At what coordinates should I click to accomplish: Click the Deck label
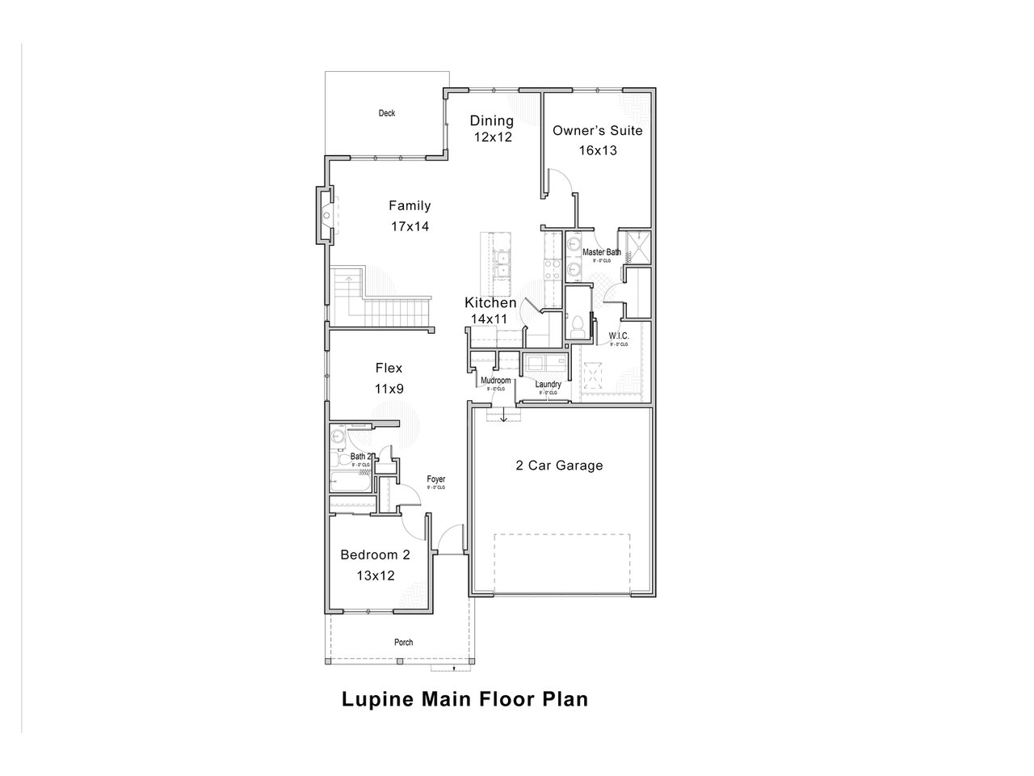tap(387, 113)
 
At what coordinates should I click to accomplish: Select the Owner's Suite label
tap(597, 130)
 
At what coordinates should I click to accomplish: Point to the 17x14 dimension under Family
tap(410, 226)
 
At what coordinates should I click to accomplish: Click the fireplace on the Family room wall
tap(325, 215)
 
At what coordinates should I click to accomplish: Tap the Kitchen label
tap(490, 303)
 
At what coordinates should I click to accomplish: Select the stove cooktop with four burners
tap(553, 269)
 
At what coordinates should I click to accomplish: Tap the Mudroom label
tap(495, 380)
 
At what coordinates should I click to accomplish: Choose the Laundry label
tap(548, 385)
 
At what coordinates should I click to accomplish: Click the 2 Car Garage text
tap(559, 466)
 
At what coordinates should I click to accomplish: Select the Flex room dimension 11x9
tap(389, 389)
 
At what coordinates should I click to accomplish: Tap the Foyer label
tap(435, 479)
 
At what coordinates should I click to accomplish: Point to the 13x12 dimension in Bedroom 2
tap(375, 576)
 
